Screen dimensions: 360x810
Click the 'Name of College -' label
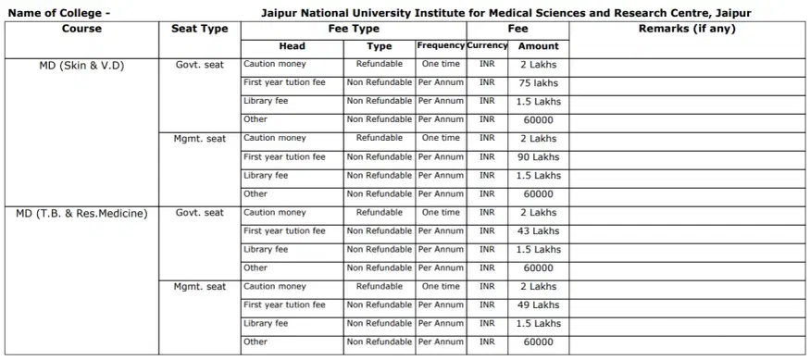coord(58,13)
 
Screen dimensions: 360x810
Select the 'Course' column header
coord(81,29)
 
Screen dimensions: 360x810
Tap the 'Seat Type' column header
coord(200,29)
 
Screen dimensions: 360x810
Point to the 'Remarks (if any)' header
coord(687,29)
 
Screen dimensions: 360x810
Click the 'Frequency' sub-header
coord(441,45)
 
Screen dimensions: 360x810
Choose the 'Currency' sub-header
coord(487,45)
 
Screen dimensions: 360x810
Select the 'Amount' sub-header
coord(538,45)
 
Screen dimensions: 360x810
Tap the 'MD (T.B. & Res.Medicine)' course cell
coord(81,213)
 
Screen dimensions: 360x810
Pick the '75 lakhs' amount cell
coord(538,83)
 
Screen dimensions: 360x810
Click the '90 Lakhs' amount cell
coord(538,157)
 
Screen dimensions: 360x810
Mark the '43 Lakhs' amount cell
coord(538,231)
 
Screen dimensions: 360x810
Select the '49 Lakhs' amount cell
coord(538,305)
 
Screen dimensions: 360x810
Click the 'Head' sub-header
coord(292,45)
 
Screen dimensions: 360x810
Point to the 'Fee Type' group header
coord(354,29)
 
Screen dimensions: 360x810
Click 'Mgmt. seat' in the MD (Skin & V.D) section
coord(200,139)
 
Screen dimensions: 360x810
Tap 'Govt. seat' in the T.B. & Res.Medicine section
coord(200,213)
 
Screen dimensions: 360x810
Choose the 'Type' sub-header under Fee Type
coord(380,45)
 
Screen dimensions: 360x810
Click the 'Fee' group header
coord(518,29)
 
